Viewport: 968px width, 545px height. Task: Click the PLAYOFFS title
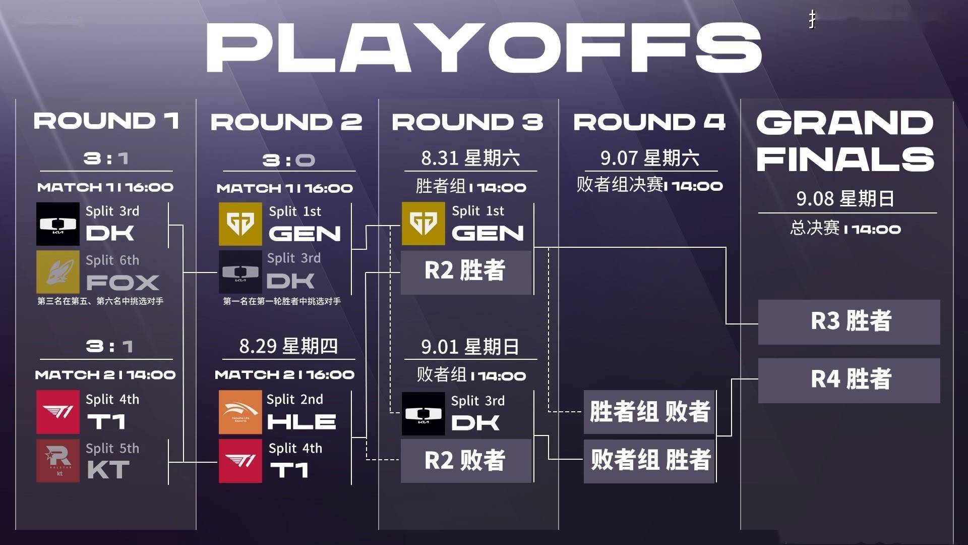coord(484,47)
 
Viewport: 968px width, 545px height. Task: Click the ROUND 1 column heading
coord(106,121)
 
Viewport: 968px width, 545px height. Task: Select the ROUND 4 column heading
coord(649,122)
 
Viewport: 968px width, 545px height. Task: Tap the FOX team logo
coord(58,272)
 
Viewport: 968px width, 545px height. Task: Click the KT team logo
coord(58,460)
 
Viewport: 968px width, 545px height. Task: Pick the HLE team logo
coord(240,412)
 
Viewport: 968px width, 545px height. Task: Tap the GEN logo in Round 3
coord(423,224)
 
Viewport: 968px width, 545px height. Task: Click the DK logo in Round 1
coord(58,224)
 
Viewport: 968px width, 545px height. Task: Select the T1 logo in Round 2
coord(240,461)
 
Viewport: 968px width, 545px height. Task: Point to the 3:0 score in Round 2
coord(288,160)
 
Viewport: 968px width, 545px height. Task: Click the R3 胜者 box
coord(849,322)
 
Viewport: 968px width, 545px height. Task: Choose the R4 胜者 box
coord(849,380)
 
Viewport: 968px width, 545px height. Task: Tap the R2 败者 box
coord(466,461)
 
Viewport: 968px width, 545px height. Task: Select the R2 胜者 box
coord(466,272)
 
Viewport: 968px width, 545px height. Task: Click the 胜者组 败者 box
coord(649,412)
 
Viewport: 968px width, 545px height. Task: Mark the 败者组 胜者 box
coord(649,461)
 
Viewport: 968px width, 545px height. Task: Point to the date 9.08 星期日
coord(845,198)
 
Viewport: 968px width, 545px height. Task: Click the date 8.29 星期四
coord(288,346)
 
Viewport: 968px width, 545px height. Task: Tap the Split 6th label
coord(112,260)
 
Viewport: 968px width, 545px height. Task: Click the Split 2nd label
coord(295,399)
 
